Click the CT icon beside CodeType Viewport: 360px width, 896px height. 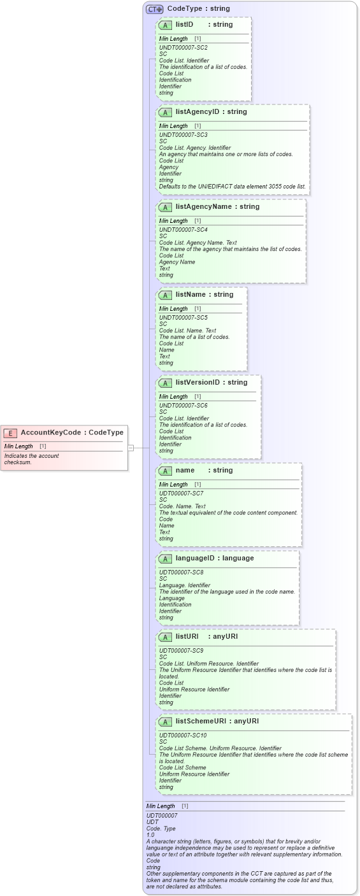click(154, 10)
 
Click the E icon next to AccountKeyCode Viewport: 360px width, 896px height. click(10, 433)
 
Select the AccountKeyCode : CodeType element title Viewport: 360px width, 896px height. click(72, 433)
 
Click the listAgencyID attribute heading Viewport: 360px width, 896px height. click(211, 112)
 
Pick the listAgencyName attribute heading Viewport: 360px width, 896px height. click(217, 207)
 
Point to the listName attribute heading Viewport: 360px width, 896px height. click(205, 295)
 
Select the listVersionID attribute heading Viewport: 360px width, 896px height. click(211, 383)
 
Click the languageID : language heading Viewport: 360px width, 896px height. click(214, 558)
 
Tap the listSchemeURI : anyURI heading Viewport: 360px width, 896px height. click(217, 722)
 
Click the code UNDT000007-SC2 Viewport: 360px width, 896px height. click(183, 48)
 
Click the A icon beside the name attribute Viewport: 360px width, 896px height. click(165, 471)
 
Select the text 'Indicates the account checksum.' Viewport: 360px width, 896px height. click(31, 459)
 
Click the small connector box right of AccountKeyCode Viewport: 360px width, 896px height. click(131, 448)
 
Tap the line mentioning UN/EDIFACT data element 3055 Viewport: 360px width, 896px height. click(232, 187)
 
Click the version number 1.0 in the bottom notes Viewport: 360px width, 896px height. click(150, 834)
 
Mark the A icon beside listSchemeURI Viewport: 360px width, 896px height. click(165, 722)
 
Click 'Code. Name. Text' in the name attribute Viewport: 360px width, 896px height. click(182, 506)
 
